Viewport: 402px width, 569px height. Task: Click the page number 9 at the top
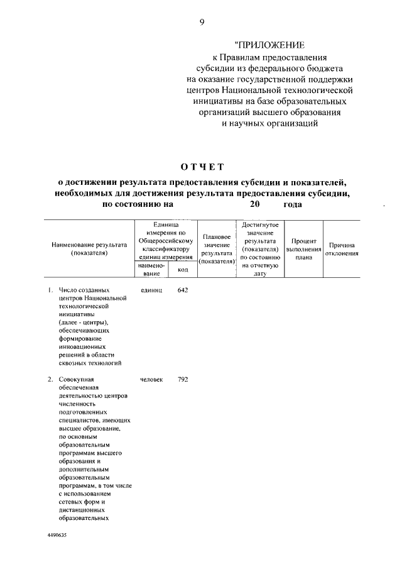click(x=202, y=23)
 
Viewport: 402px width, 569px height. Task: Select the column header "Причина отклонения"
click(x=341, y=249)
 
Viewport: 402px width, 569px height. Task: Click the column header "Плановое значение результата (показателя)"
click(x=216, y=249)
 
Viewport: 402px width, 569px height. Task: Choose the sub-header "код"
click(x=183, y=270)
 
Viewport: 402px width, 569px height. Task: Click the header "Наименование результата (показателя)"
click(x=90, y=249)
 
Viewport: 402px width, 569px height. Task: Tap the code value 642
click(x=183, y=290)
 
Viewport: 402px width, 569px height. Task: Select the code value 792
click(x=183, y=380)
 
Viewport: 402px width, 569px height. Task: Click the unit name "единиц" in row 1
click(x=153, y=290)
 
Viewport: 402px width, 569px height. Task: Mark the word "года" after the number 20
click(x=293, y=204)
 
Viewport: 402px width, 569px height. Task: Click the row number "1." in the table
click(x=51, y=290)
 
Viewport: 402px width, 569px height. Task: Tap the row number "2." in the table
click(x=51, y=380)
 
